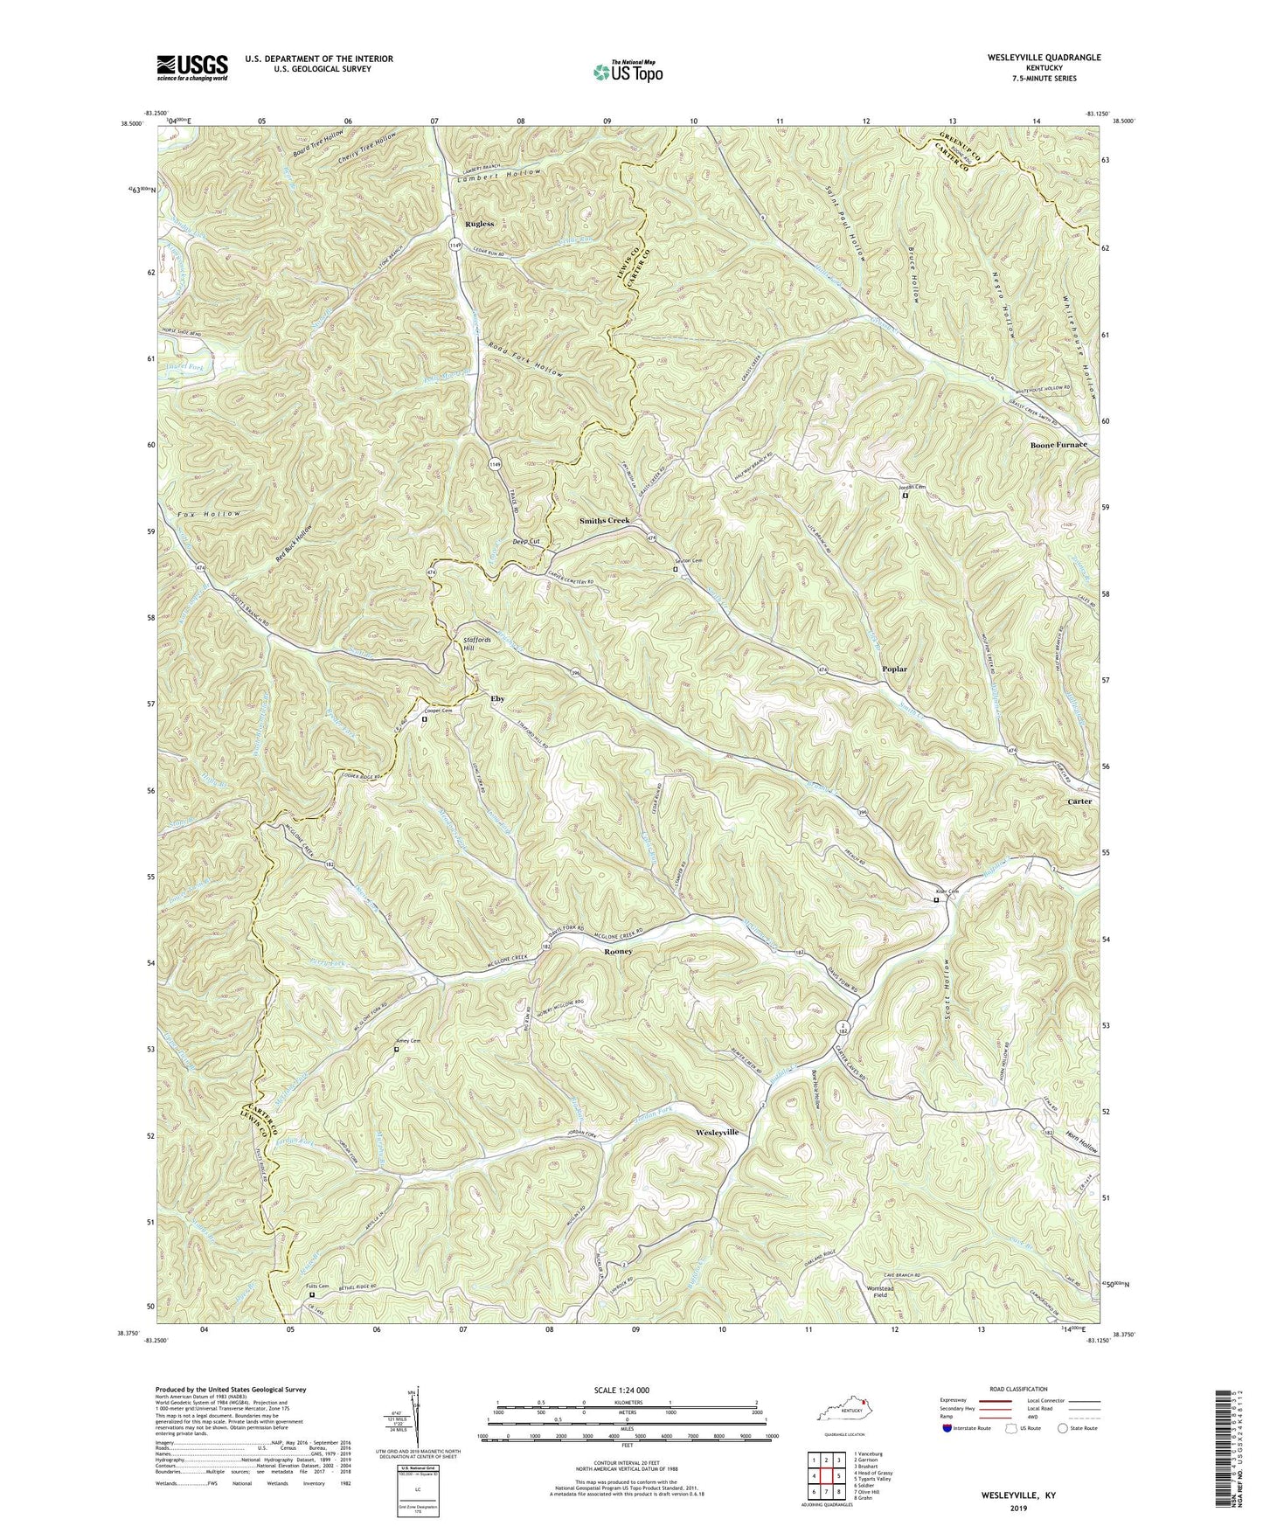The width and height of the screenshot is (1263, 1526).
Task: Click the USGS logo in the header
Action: click(x=192, y=66)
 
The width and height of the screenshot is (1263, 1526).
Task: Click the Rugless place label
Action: click(x=479, y=224)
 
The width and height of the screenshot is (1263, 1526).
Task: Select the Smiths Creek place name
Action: click(x=604, y=521)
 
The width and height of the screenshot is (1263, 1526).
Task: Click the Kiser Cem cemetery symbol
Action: click(x=936, y=899)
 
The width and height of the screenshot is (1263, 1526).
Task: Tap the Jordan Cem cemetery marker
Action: click(x=905, y=496)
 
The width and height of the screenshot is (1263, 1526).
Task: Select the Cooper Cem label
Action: click(x=437, y=711)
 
